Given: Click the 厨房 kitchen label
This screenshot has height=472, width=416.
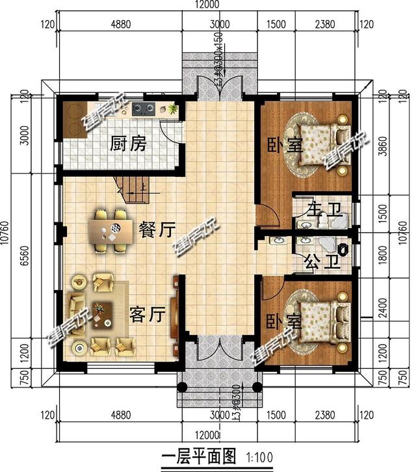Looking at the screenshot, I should click(127, 143).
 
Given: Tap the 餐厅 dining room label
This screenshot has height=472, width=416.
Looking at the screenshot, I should click(157, 230).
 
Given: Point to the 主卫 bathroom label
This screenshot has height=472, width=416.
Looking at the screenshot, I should click(314, 213).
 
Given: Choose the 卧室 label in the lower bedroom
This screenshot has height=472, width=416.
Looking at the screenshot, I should click(283, 321).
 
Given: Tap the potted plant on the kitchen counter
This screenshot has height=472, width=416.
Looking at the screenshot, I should click(172, 108).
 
